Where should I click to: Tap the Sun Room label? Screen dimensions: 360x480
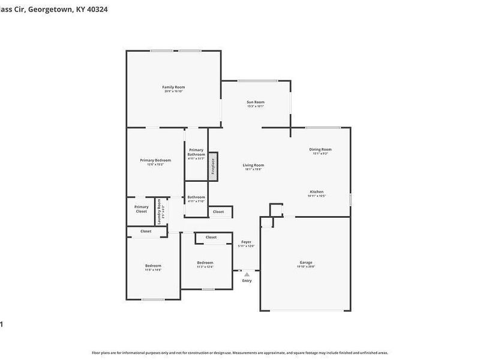tap(255, 102)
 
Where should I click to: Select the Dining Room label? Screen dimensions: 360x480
tap(320, 149)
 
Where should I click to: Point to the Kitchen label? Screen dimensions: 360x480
tap(316, 191)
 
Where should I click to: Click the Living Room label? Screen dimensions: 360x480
tap(253, 165)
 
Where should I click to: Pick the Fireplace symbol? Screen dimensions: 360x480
tap(213, 166)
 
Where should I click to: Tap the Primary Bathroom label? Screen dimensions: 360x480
tap(196, 152)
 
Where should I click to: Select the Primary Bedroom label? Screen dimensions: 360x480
tap(155, 160)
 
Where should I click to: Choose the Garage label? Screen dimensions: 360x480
tap(306, 262)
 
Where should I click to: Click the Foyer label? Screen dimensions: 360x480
tap(246, 242)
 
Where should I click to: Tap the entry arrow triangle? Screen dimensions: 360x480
tap(247, 274)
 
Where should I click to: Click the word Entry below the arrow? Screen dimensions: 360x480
tap(247, 281)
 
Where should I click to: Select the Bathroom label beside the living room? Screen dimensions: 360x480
tap(196, 197)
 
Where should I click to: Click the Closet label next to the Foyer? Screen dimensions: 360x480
tap(218, 212)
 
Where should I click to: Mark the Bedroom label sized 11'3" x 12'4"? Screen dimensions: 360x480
tap(205, 263)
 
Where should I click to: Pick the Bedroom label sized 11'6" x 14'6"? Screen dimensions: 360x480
tap(153, 266)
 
